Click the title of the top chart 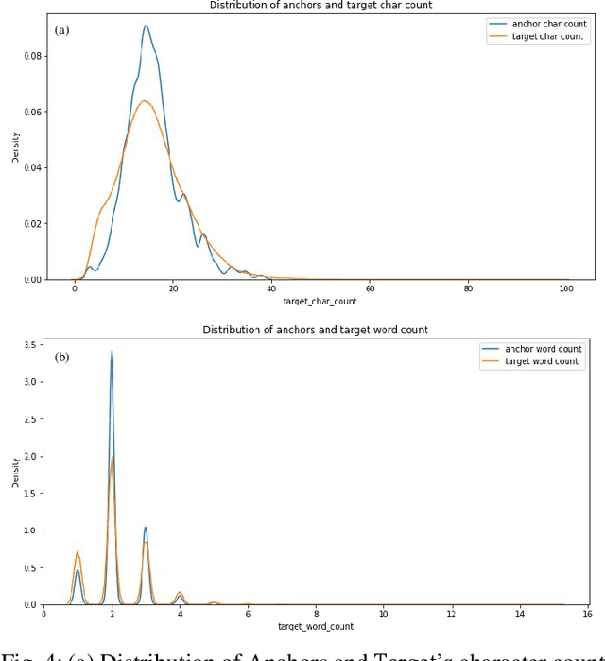[317, 5]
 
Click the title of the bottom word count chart [316, 329]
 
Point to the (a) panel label [62, 29]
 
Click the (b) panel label [62, 357]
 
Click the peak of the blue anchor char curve [146, 26]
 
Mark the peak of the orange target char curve [143, 100]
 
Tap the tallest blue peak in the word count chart [112, 351]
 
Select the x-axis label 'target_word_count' [316, 627]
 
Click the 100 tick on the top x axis [566, 288]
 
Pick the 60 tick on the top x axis [370, 288]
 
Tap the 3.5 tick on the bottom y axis [30, 345]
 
